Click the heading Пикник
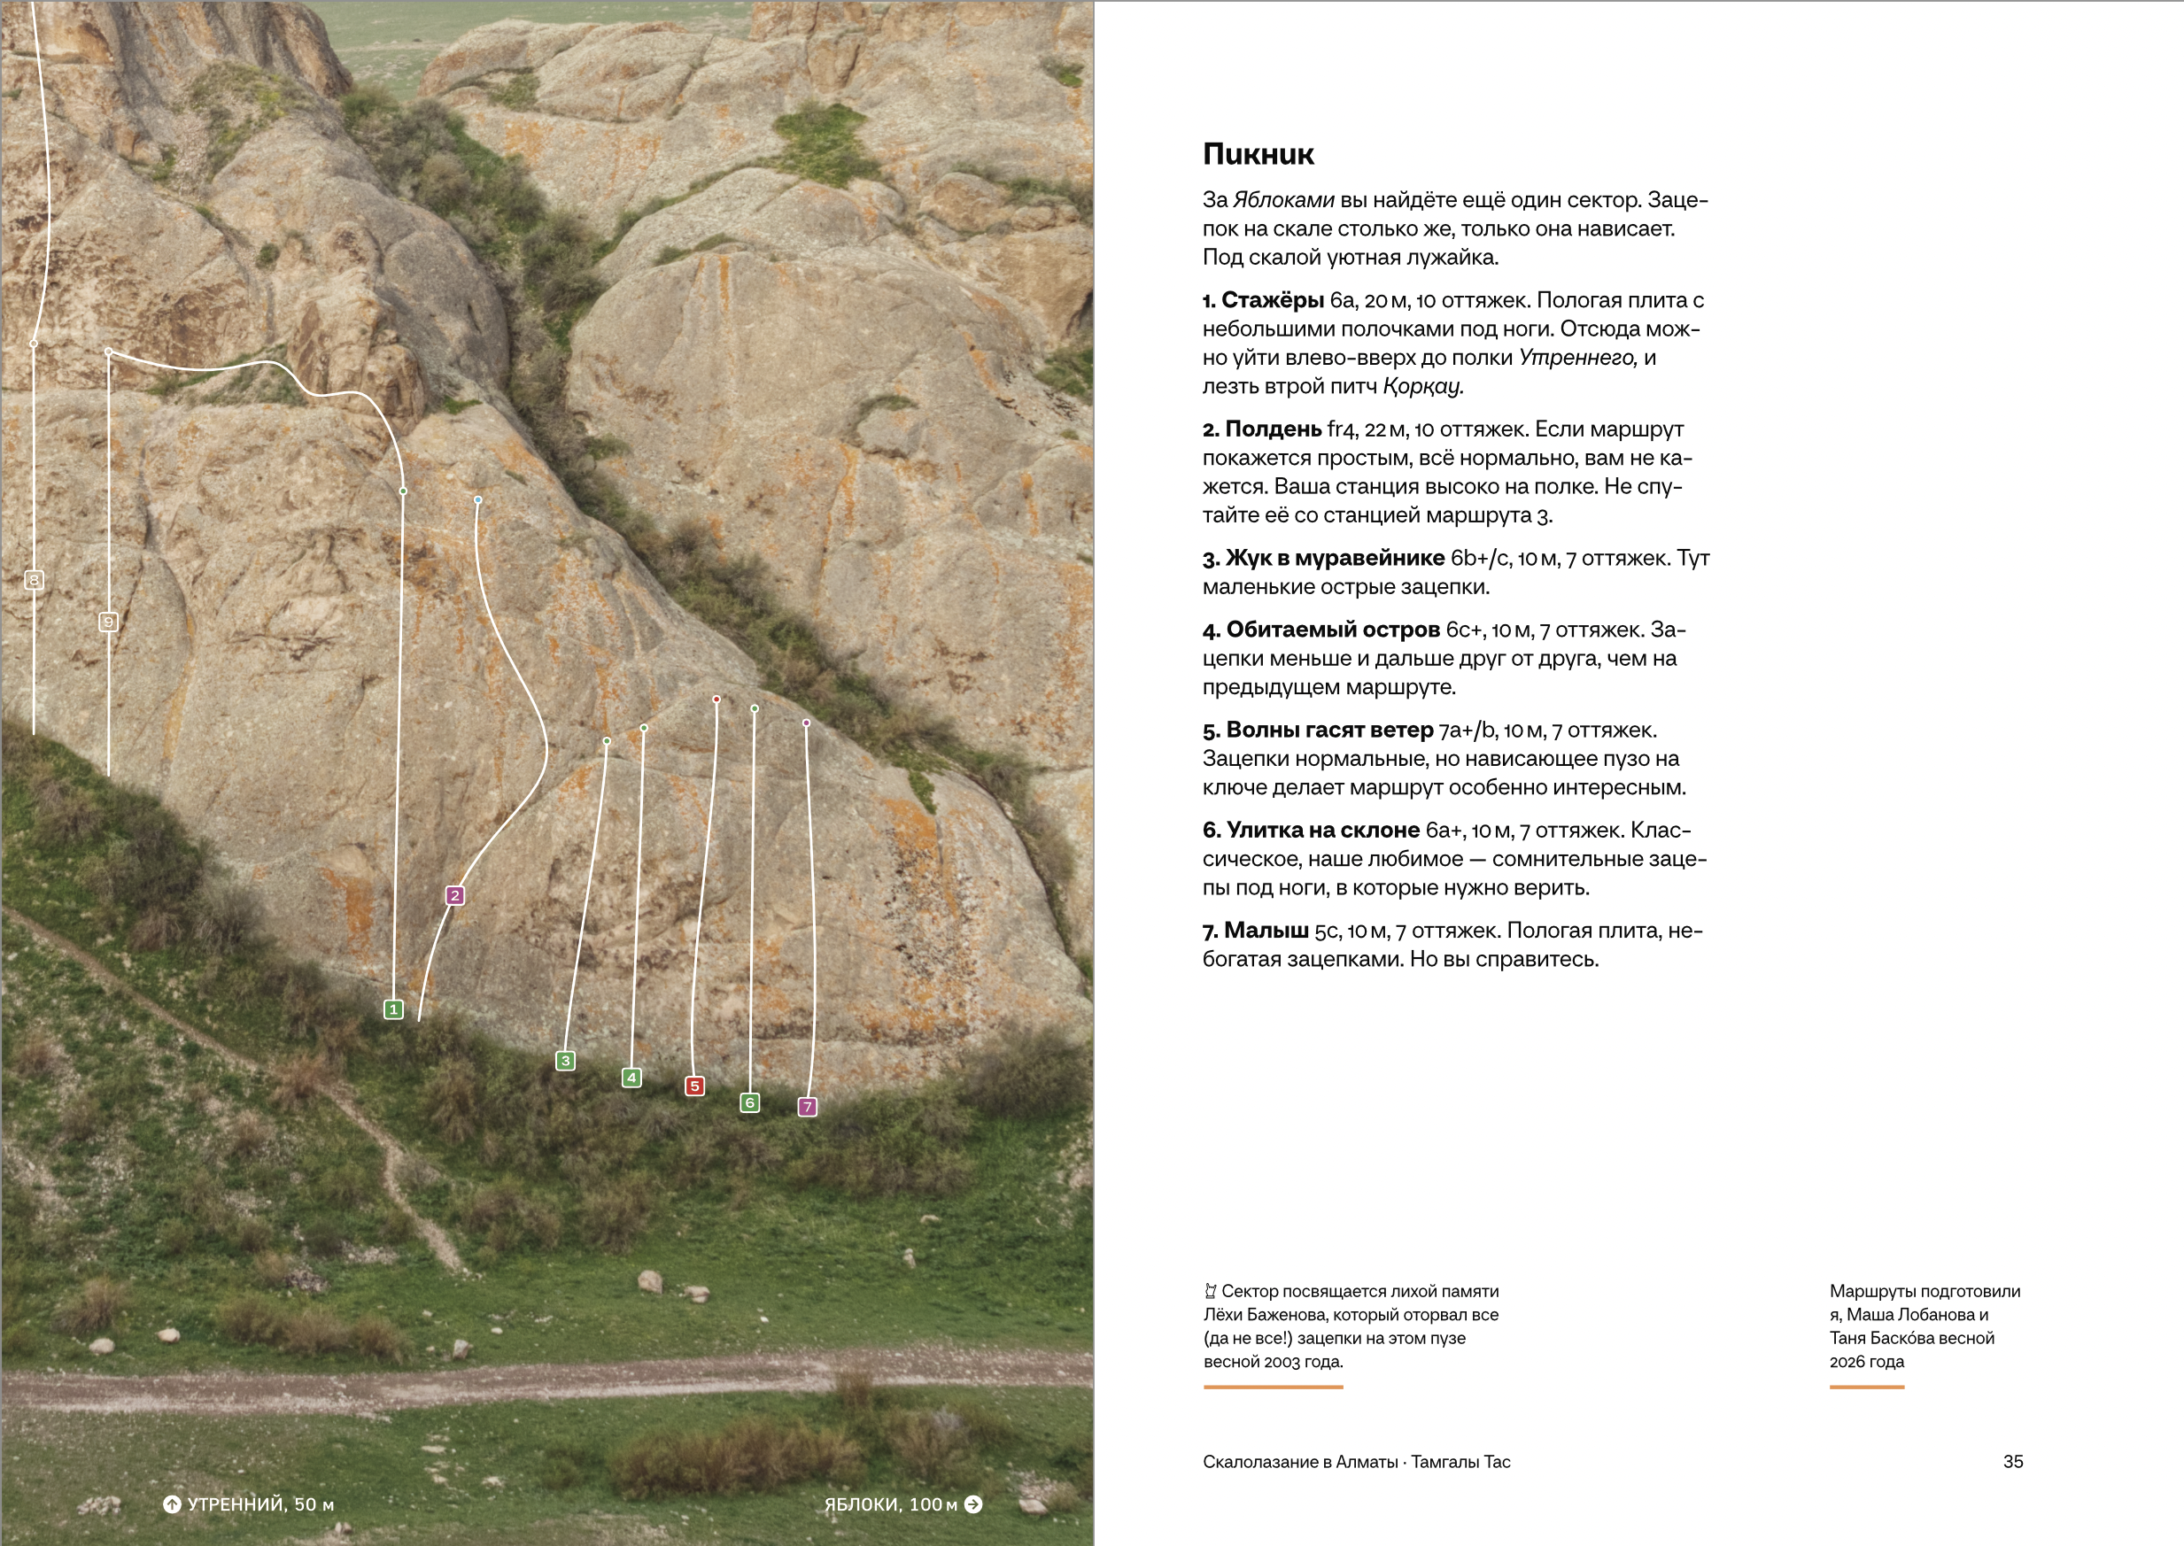click(x=1258, y=154)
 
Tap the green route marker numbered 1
click(x=393, y=1009)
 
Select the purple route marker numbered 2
click(x=455, y=895)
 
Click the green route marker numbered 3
click(x=566, y=1061)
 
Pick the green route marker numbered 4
click(x=631, y=1078)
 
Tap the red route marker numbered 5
click(x=695, y=1086)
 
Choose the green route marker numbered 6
click(x=750, y=1102)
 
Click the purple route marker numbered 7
click(x=808, y=1106)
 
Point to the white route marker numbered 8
click(x=34, y=580)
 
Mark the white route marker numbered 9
click(x=109, y=622)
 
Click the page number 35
click(x=2013, y=1461)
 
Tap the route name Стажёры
click(x=1273, y=301)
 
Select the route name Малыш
click(x=1266, y=931)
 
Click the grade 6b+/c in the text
click(x=1481, y=559)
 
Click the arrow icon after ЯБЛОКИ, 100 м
click(x=973, y=1504)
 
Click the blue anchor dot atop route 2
click(x=478, y=499)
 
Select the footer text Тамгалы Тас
click(x=1460, y=1461)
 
